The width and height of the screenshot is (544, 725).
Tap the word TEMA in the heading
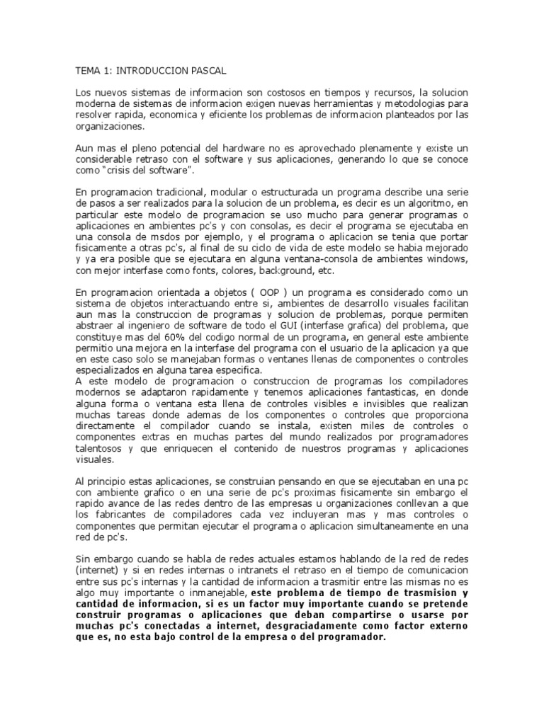pyautogui.click(x=89, y=72)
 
